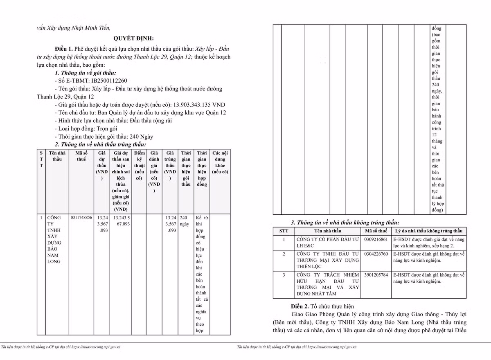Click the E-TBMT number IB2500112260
(x=103, y=80)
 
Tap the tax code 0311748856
(x=81, y=217)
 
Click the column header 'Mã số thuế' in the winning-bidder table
(x=81, y=156)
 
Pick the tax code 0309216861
(x=376, y=239)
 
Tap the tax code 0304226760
(x=376, y=254)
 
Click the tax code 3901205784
(x=376, y=275)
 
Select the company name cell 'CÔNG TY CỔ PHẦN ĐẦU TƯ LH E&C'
(x=327, y=242)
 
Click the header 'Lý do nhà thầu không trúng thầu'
(x=429, y=231)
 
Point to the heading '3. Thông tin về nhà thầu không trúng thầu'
(x=345, y=223)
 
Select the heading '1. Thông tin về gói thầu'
(x=86, y=72)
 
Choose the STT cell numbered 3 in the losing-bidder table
(x=284, y=275)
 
